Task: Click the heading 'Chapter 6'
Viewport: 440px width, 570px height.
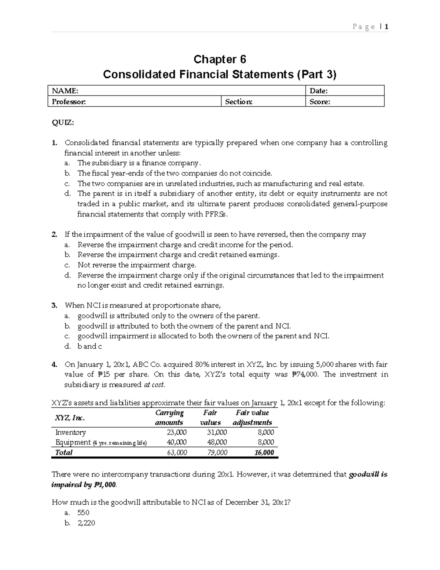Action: (220, 59)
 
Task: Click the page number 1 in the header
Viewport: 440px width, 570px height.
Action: (386, 27)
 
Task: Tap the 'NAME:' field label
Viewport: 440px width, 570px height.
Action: (65, 91)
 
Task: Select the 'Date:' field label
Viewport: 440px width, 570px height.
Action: (318, 91)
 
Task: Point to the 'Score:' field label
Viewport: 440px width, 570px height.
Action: (319, 102)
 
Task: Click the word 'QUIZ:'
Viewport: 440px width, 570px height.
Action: (63, 123)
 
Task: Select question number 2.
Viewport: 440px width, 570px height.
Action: (54, 235)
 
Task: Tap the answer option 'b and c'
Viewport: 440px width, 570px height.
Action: (89, 346)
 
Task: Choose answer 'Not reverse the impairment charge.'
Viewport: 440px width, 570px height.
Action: (137, 265)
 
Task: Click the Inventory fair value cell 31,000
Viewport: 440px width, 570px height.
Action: (217, 433)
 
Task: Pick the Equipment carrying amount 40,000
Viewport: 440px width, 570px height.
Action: (176, 443)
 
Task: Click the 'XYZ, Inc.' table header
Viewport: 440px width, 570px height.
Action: (70, 418)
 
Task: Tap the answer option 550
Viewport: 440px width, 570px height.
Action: (83, 513)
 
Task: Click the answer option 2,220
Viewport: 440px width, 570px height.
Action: (86, 523)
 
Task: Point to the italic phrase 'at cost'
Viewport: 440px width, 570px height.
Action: (154, 385)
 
